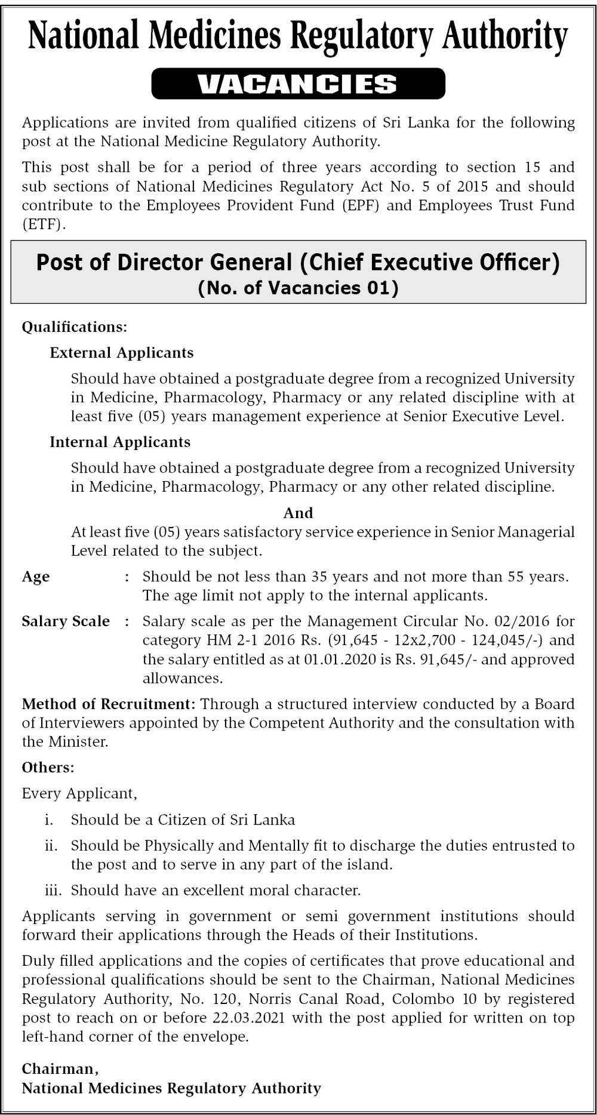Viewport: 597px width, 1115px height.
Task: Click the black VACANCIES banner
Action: (298, 84)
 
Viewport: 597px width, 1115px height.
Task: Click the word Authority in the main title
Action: (504, 36)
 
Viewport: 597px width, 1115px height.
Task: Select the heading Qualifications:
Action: (75, 327)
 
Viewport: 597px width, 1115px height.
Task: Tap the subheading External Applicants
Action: (122, 353)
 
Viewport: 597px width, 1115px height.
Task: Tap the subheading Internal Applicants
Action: (120, 442)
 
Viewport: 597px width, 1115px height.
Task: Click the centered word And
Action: (298, 513)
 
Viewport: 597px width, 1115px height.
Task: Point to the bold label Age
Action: (36, 577)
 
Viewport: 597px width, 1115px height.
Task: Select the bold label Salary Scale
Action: (66, 621)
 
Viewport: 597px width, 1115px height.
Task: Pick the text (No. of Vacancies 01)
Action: (298, 288)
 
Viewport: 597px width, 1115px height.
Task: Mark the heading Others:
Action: (48, 768)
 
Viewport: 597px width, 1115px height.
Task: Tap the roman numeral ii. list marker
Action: (51, 846)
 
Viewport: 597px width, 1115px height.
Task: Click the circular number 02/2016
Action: (524, 621)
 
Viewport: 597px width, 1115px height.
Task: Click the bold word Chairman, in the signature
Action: (60, 1069)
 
